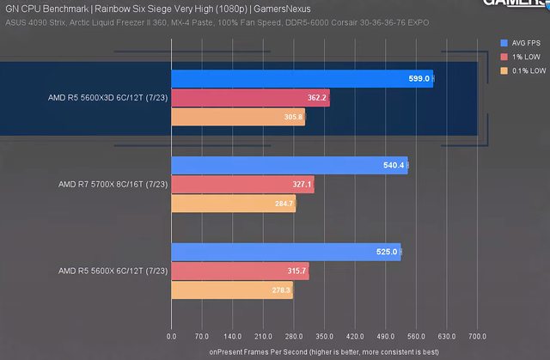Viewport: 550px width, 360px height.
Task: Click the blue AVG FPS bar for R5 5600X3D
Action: click(x=301, y=78)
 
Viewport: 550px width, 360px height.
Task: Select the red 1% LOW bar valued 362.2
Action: click(x=250, y=98)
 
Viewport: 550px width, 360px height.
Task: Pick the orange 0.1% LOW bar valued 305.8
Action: click(x=238, y=118)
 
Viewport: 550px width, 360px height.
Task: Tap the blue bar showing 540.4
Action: click(x=289, y=165)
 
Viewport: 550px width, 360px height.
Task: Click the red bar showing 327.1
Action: click(x=242, y=184)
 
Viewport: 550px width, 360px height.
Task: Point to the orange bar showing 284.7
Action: click(x=233, y=204)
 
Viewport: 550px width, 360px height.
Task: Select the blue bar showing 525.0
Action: click(x=285, y=252)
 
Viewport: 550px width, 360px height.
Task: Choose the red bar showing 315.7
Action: click(x=240, y=272)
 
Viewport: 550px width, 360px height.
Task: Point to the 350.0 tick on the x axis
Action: click(x=324, y=337)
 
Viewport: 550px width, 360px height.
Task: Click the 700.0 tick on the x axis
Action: click(x=477, y=337)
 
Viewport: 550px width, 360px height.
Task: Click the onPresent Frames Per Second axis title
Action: click(x=324, y=351)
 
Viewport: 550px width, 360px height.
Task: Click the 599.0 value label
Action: click(x=419, y=78)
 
